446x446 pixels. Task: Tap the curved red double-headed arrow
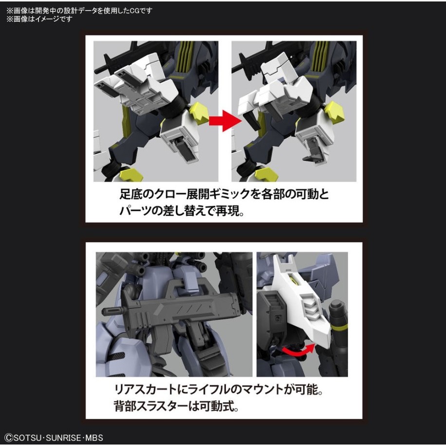(x=299, y=349)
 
